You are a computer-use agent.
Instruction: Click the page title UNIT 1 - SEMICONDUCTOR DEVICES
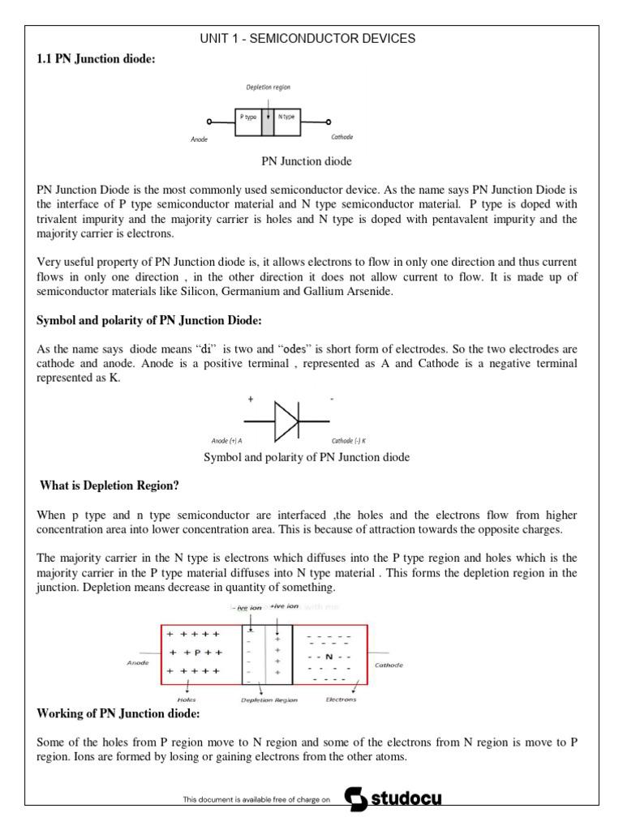click(307, 38)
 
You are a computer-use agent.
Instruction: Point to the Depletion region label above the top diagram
click(269, 87)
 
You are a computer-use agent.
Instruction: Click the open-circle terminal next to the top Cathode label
click(329, 122)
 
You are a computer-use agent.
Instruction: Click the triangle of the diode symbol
click(286, 421)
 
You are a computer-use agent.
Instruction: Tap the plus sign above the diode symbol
click(250, 399)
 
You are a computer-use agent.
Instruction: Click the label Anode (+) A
click(227, 441)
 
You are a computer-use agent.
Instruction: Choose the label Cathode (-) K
click(349, 441)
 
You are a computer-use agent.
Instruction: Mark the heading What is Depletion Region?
click(110, 486)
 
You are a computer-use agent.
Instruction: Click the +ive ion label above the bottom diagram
click(285, 606)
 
